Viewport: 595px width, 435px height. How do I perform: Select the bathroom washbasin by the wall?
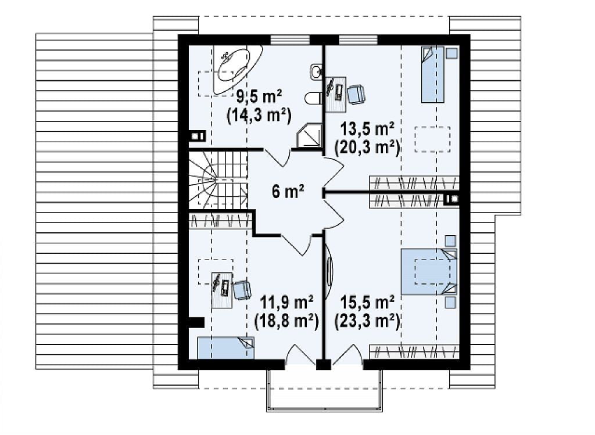[316, 72]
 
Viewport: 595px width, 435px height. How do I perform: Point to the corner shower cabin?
[309, 135]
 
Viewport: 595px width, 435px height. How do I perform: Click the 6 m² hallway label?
[288, 192]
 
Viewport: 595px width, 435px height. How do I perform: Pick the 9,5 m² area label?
[259, 97]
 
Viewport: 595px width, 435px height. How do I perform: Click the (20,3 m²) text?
[367, 148]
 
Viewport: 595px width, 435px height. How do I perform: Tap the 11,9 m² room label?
[286, 303]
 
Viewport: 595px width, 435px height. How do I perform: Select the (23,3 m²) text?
[367, 321]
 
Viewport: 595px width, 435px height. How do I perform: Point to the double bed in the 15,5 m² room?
[429, 271]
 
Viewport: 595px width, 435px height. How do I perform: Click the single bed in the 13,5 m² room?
[432, 74]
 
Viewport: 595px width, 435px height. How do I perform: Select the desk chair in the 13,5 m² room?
[356, 94]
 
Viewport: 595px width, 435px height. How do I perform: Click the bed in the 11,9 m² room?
[226, 348]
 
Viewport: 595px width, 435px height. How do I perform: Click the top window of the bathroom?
[290, 40]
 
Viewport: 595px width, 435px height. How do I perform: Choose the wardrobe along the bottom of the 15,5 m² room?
[414, 351]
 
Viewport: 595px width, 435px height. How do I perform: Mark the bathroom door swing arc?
[277, 159]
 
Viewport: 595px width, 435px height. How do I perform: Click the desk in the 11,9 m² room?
[221, 290]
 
